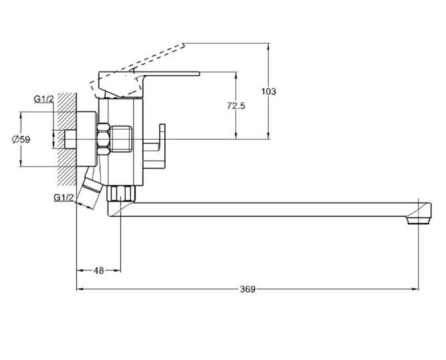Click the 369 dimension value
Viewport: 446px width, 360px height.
point(247,289)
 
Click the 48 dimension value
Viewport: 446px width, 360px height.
point(99,270)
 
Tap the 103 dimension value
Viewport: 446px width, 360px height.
point(269,91)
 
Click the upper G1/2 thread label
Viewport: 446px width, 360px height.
point(43,100)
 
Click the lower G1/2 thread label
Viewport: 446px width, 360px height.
point(64,197)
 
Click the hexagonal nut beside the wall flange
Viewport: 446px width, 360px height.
point(103,139)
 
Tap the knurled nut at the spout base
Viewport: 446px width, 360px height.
point(122,193)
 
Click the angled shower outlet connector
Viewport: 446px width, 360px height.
point(88,192)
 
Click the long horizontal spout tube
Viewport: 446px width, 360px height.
point(267,208)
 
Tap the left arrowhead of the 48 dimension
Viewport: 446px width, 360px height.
point(80,270)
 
